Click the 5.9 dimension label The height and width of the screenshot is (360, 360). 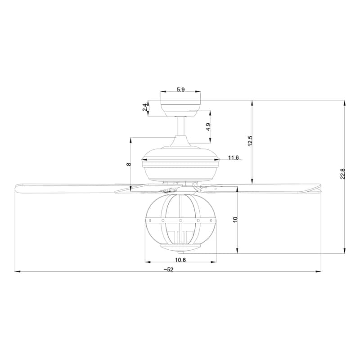[180, 90]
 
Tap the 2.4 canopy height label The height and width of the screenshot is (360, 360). [144, 108]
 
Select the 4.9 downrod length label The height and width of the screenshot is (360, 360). [208, 127]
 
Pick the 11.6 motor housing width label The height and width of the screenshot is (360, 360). [233, 157]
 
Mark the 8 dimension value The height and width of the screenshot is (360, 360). [128, 165]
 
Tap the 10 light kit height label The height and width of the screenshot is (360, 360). [235, 219]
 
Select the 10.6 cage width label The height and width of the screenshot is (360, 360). [180, 260]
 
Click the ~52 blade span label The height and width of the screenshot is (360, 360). [168, 269]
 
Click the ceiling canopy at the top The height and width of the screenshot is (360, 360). [180, 108]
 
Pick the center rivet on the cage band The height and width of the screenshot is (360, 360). [180, 220]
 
